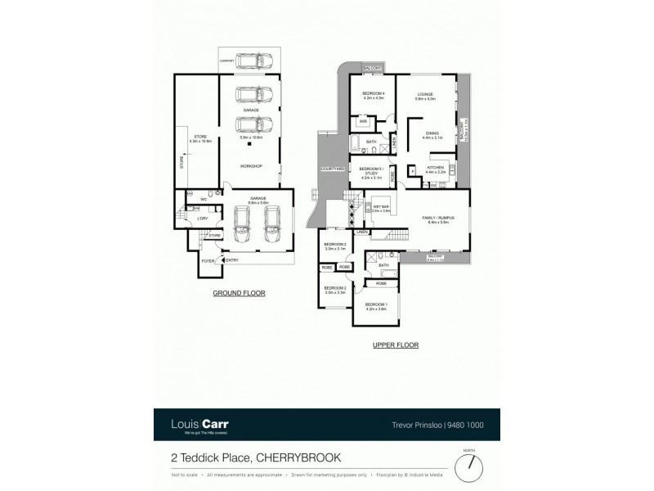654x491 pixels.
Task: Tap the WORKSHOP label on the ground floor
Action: tap(250, 166)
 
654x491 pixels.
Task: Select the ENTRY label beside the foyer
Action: tap(232, 260)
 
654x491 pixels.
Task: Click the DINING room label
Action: tap(432, 134)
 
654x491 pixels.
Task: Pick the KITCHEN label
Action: tap(435, 169)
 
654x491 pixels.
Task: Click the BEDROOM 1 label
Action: tap(374, 304)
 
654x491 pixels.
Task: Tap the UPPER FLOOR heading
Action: tap(397, 345)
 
